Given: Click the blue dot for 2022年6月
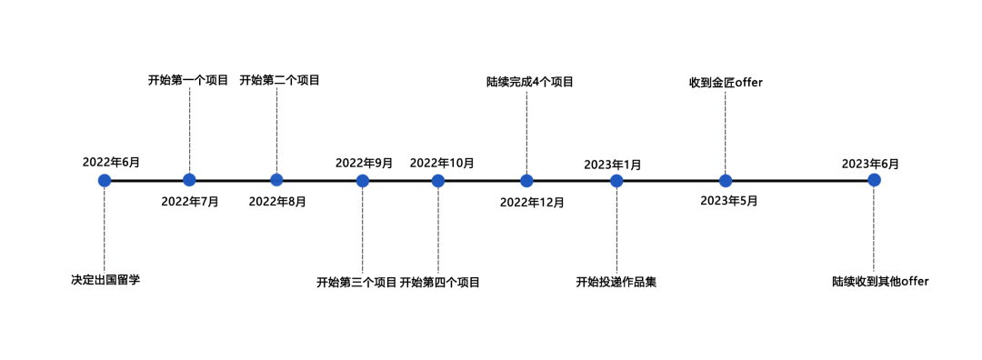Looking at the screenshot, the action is click(x=105, y=180).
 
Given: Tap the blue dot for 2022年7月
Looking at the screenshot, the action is click(x=189, y=180).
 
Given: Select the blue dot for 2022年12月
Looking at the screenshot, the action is click(x=526, y=180).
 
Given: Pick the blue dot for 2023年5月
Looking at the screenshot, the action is click(x=726, y=180).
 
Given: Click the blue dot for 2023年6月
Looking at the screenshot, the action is click(x=874, y=180).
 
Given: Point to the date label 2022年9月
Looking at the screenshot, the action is click(x=364, y=163).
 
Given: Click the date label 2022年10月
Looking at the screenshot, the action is click(x=442, y=163).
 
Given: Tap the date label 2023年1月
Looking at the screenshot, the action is click(x=613, y=165).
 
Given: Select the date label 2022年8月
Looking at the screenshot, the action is click(x=277, y=201).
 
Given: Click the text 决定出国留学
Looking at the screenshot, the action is click(x=105, y=279).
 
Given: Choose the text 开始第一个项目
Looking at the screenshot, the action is click(x=188, y=80).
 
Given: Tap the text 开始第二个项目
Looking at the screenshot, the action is click(x=279, y=80).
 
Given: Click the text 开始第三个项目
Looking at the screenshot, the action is click(x=356, y=283).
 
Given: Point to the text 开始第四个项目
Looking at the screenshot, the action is click(x=440, y=283).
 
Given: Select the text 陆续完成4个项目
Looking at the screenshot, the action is click(x=530, y=82).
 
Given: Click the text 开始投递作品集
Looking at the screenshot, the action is click(x=616, y=282).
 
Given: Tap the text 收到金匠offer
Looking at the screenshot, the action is click(x=726, y=83).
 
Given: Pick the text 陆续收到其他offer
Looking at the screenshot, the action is click(x=880, y=282).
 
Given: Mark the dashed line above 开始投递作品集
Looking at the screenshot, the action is click(x=616, y=232).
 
